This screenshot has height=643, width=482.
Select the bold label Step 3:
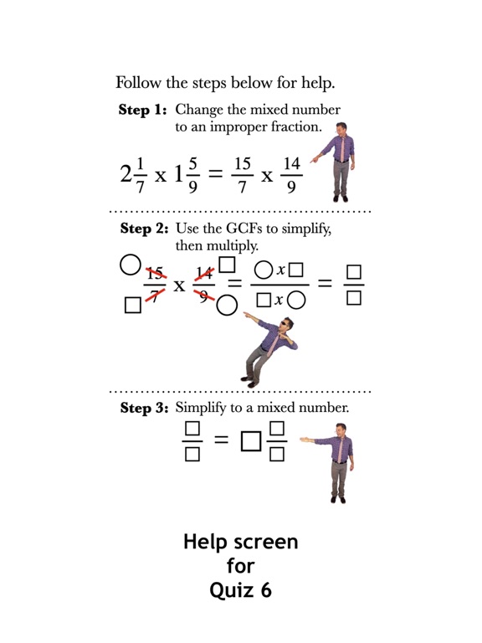coord(144,409)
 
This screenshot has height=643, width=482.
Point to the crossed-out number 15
coord(153,272)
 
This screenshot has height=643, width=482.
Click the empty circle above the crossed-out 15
coord(129,265)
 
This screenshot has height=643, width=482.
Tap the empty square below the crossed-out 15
coord(132,305)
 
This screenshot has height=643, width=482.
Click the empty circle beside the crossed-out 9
coord(227,306)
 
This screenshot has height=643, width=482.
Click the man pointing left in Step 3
coord(335,460)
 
